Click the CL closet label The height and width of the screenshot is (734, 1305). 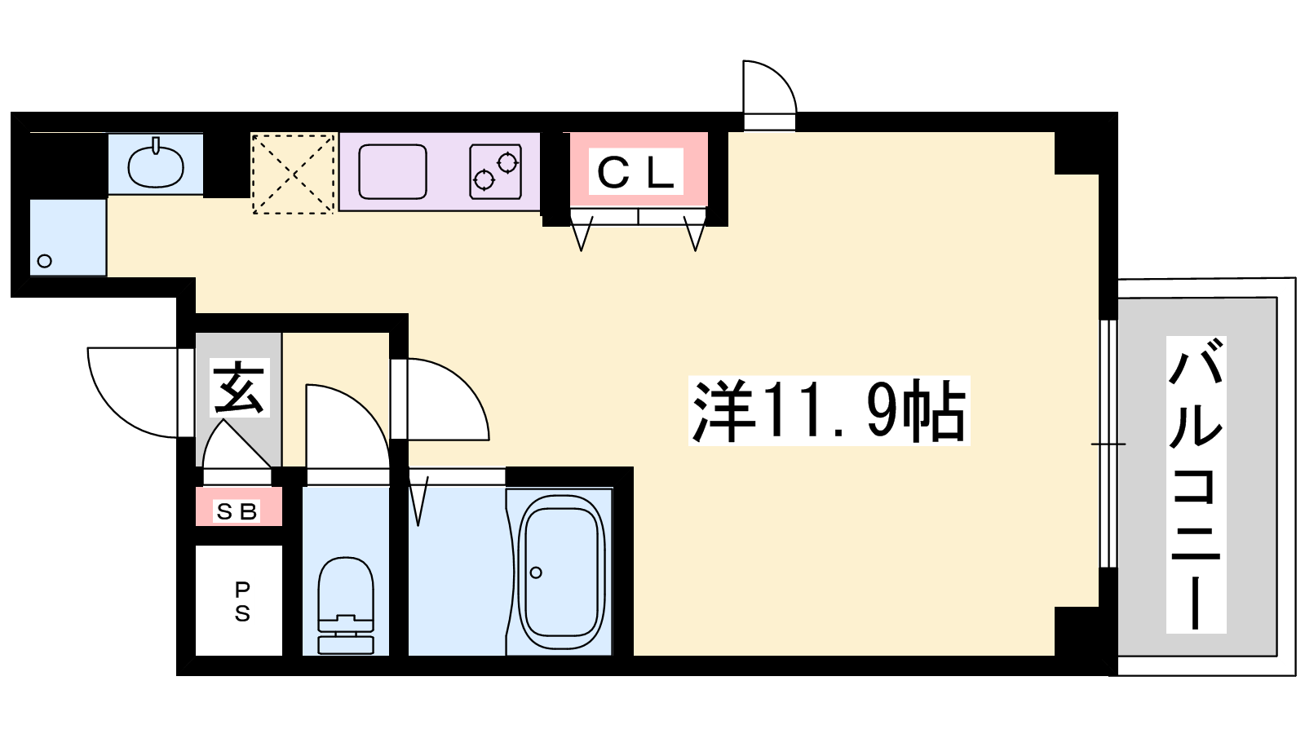coord(635,172)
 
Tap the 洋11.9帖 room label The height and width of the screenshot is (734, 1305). coord(829,411)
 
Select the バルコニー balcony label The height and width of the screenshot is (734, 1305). coord(1196,484)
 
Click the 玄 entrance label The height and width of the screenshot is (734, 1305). coord(239,387)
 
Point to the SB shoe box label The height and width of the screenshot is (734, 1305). coord(237,511)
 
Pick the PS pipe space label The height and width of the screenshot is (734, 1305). coord(241,602)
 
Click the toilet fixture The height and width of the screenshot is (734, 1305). coord(346,605)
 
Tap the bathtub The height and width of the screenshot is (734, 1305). coord(560,572)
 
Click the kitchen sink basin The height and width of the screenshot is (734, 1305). coord(392,172)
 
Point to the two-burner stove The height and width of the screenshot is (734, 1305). coord(495,172)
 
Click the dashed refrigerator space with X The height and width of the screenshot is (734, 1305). coord(294,173)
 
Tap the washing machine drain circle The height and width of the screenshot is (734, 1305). coord(45,261)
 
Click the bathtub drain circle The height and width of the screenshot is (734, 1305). coord(536,573)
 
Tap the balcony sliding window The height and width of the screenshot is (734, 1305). coord(1108,444)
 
